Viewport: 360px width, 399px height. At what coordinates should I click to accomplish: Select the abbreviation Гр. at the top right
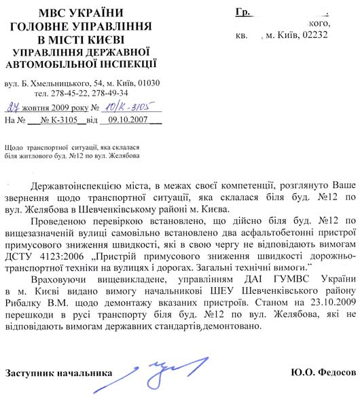click(244, 12)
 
